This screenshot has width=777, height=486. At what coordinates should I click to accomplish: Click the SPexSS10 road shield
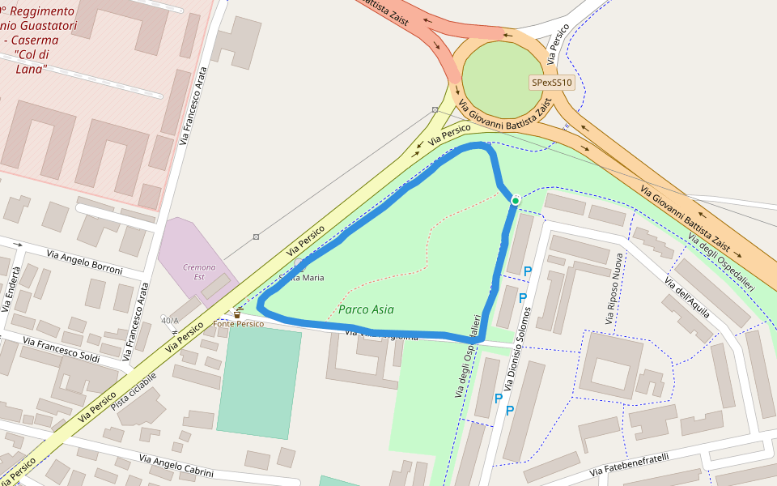[x=552, y=83]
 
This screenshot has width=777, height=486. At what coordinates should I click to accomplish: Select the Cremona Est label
[x=199, y=271]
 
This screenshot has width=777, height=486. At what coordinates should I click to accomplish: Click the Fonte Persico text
[x=239, y=324]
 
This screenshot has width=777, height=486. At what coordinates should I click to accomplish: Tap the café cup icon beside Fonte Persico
[x=237, y=313]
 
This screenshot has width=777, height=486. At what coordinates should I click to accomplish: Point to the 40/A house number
[x=169, y=319]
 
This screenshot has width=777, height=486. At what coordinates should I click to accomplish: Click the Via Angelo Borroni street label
[x=84, y=261]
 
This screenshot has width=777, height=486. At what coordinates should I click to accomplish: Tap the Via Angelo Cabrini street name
[x=176, y=466]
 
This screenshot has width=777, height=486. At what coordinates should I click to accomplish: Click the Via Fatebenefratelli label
[x=629, y=465]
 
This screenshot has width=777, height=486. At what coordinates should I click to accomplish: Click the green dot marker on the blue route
[x=515, y=200]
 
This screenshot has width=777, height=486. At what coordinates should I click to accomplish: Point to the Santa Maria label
[x=303, y=278]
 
